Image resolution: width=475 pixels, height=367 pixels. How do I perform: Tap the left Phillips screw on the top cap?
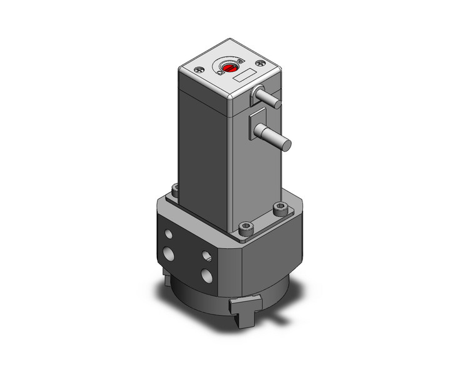(x=199, y=71)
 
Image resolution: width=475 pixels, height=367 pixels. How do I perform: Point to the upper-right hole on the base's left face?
(x=206, y=255)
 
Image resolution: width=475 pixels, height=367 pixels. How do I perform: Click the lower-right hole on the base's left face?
(x=207, y=275)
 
